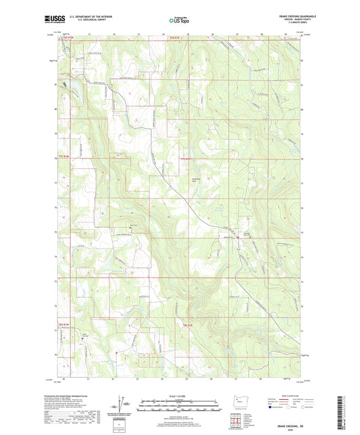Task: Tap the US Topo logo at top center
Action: [x=179, y=21]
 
